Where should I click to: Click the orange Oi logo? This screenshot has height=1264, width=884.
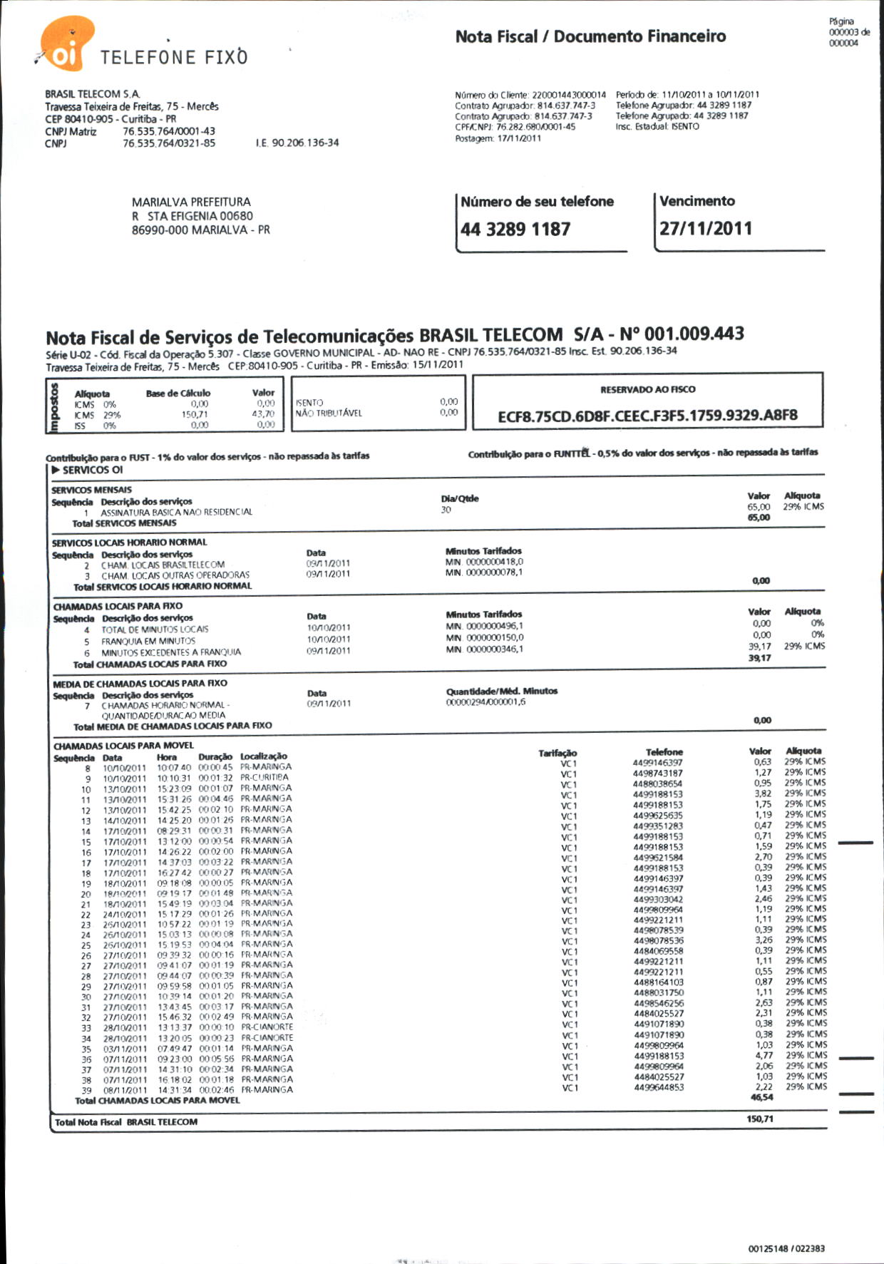coord(66,45)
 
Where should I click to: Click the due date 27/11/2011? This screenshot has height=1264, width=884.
coord(705,229)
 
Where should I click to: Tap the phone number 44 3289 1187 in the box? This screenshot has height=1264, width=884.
coord(515,230)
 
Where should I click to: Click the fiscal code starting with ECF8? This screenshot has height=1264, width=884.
coord(647,415)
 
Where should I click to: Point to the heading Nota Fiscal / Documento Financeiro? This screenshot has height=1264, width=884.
coord(590,36)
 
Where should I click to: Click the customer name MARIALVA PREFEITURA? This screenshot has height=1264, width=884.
coord(191,202)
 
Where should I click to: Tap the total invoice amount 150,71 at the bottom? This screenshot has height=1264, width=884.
coord(761,1119)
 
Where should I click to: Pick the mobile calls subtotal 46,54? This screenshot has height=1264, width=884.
coord(761,1097)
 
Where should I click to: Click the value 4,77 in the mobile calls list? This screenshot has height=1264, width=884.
coord(763,1055)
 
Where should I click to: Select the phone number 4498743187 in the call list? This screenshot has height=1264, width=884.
coord(657,773)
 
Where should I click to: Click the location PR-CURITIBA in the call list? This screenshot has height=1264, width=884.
coord(264,777)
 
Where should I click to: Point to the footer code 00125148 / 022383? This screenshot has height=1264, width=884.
coord(786,1248)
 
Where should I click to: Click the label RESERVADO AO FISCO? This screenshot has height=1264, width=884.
coord(647,389)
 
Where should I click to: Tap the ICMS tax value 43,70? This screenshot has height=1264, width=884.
coord(262,413)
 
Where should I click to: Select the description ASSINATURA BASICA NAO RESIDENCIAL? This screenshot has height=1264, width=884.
coord(176,512)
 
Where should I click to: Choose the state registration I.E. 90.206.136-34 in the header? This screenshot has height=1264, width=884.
coord(297,143)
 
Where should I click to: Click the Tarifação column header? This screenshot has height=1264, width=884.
coord(557,753)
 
